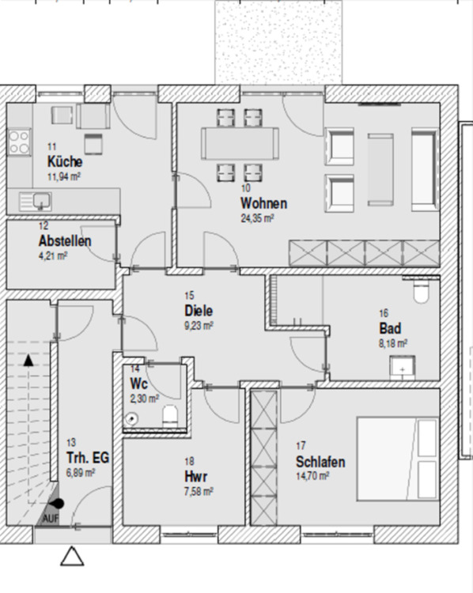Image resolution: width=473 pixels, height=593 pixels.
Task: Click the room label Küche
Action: (x=64, y=162)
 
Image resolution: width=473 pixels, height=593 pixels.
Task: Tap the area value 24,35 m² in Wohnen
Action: (x=257, y=217)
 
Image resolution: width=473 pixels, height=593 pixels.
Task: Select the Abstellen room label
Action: (x=64, y=241)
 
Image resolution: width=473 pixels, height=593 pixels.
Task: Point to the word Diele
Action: (x=199, y=311)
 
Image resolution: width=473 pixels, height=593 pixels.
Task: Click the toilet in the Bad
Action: (x=421, y=291)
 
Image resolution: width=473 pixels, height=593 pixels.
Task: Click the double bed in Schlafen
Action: (x=398, y=457)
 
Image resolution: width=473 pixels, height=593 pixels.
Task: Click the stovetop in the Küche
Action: (x=18, y=143)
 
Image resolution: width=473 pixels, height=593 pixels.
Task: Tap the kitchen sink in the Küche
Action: (x=33, y=200)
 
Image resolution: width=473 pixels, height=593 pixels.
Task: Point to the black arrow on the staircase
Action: (x=29, y=360)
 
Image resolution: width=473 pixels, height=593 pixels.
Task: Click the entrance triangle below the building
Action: (x=72, y=557)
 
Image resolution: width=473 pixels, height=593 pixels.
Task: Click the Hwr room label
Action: (x=195, y=477)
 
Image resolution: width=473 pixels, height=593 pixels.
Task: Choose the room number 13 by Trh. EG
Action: (x=72, y=443)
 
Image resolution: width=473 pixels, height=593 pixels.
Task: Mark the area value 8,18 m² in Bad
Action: (x=393, y=343)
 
